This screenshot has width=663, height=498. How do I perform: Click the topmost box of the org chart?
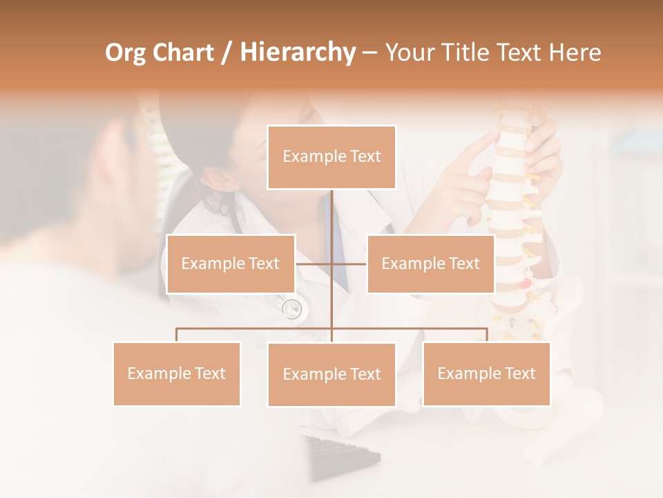[331, 157]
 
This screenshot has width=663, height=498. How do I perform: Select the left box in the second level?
[231, 264]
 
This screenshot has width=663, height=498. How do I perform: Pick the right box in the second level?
[430, 264]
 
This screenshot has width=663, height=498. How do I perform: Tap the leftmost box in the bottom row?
[177, 373]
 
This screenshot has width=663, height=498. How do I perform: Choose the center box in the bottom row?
[331, 374]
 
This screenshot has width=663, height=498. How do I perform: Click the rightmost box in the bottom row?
[486, 373]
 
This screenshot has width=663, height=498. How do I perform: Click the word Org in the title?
[125, 53]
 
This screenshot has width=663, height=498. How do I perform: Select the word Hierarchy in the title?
[298, 53]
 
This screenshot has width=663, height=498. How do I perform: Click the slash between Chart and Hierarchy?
[227, 53]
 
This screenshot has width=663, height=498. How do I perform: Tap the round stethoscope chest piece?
[292, 308]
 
